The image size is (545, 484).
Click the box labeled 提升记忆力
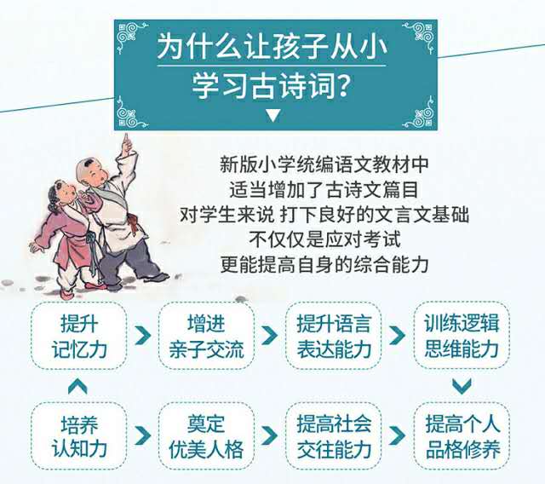tap(78, 336)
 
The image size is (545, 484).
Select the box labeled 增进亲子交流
tap(206, 336)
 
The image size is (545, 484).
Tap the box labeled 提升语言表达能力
tap(334, 336)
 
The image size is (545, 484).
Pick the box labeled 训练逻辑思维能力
tap(462, 336)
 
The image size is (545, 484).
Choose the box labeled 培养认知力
tap(78, 436)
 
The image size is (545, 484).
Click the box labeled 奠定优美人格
tap(206, 436)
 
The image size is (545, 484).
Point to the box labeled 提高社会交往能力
tap(334, 436)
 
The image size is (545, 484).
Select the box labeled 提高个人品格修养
tap(462, 436)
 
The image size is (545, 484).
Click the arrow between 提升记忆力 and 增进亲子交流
tap(142, 336)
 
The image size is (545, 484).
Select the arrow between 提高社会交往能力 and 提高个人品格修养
tap(398, 435)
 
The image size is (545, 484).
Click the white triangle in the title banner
tap(272, 115)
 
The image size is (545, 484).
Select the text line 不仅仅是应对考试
tap(324, 239)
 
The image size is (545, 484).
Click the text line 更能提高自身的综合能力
tap(324, 265)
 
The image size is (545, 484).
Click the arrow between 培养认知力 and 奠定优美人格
tap(142, 435)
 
